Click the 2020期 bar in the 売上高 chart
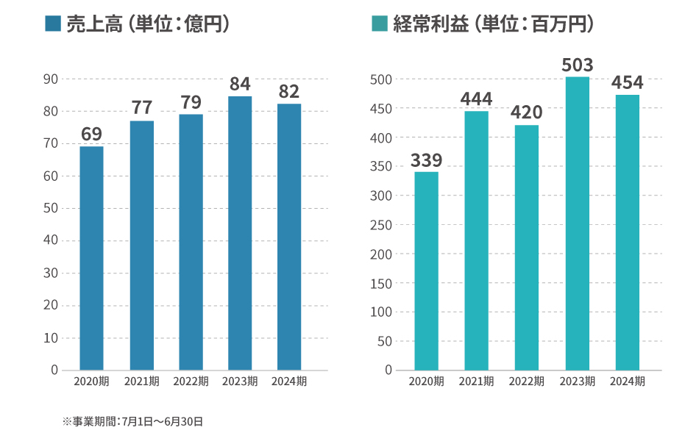(x=92, y=258)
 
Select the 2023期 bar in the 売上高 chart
(x=240, y=233)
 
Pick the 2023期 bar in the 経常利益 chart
(x=578, y=223)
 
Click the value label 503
(x=578, y=65)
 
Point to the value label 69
(x=92, y=134)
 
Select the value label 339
(x=426, y=160)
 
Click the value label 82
(x=289, y=91)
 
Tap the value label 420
(x=526, y=112)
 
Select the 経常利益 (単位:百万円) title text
(x=494, y=24)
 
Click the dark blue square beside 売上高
(x=52, y=24)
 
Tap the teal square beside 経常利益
(x=379, y=24)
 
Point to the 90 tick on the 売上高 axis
(x=51, y=79)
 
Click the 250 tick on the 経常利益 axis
(x=382, y=225)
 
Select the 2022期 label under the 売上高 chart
(x=191, y=382)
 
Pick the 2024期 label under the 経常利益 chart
(x=628, y=382)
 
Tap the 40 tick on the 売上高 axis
(x=51, y=241)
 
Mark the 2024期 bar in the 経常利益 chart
(x=628, y=232)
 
